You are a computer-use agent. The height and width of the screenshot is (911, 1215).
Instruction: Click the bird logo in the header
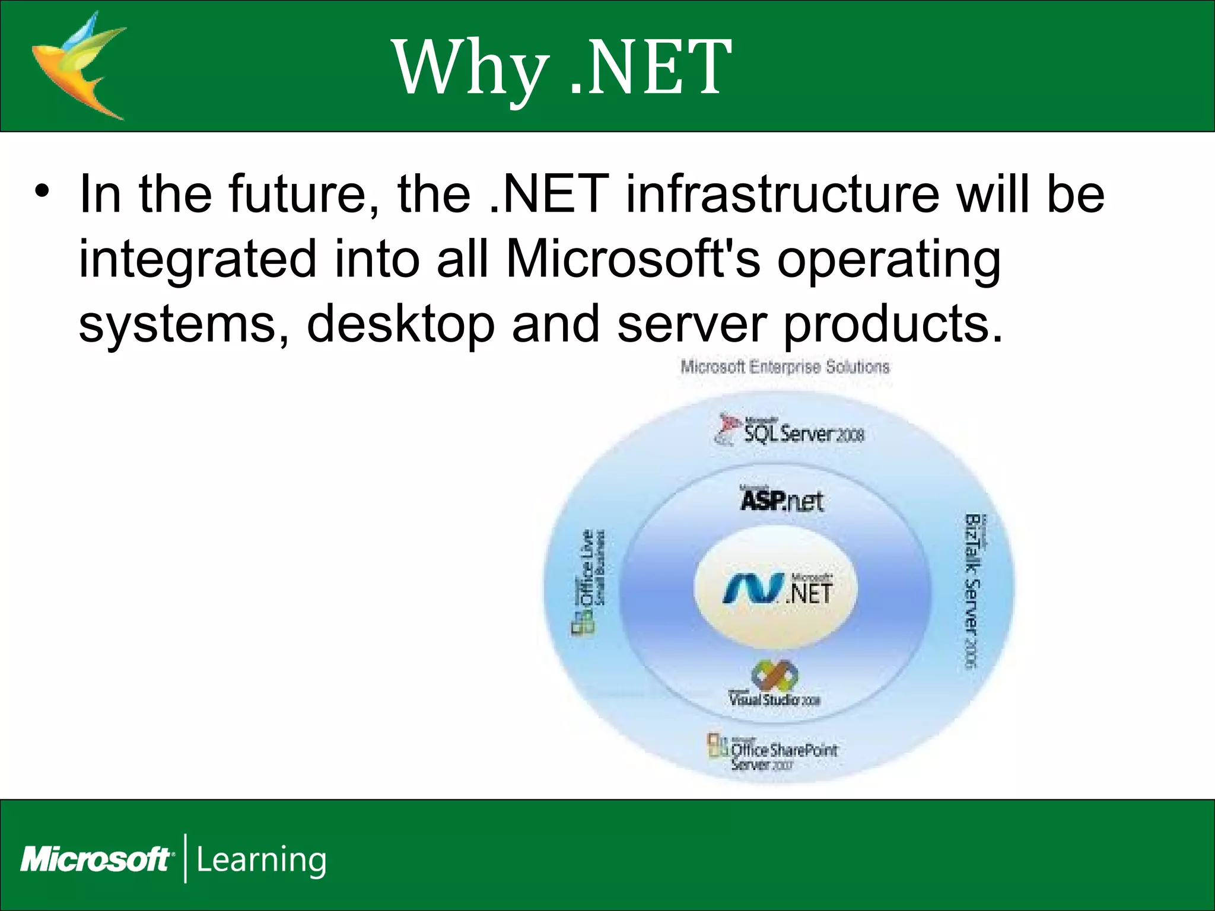pos(77,65)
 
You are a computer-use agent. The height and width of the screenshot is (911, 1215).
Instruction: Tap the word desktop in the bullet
pos(400,325)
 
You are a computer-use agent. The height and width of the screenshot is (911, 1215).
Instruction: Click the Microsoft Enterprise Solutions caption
pos(785,367)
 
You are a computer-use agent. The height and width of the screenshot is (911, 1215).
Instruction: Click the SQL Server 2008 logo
pos(792,431)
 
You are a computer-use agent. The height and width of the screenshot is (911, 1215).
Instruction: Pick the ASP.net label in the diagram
pos(781,500)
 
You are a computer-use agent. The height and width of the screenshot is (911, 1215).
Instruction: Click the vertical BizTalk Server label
pos(973,590)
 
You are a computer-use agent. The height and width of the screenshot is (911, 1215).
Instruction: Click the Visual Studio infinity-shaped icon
pos(774,674)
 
